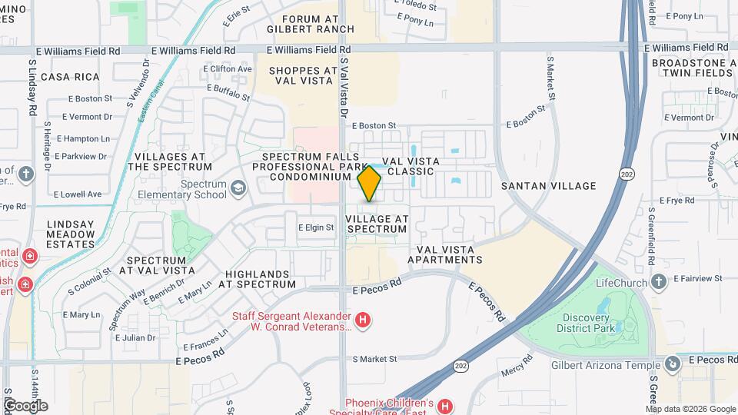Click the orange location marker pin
(370, 183)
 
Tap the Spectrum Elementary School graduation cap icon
(238, 187)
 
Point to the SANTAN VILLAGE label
(548, 186)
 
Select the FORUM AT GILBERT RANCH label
(311, 24)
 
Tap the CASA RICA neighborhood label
(71, 77)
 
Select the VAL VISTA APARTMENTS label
(450, 254)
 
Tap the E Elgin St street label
(316, 227)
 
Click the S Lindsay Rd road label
(33, 88)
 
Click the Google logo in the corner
(25, 405)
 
